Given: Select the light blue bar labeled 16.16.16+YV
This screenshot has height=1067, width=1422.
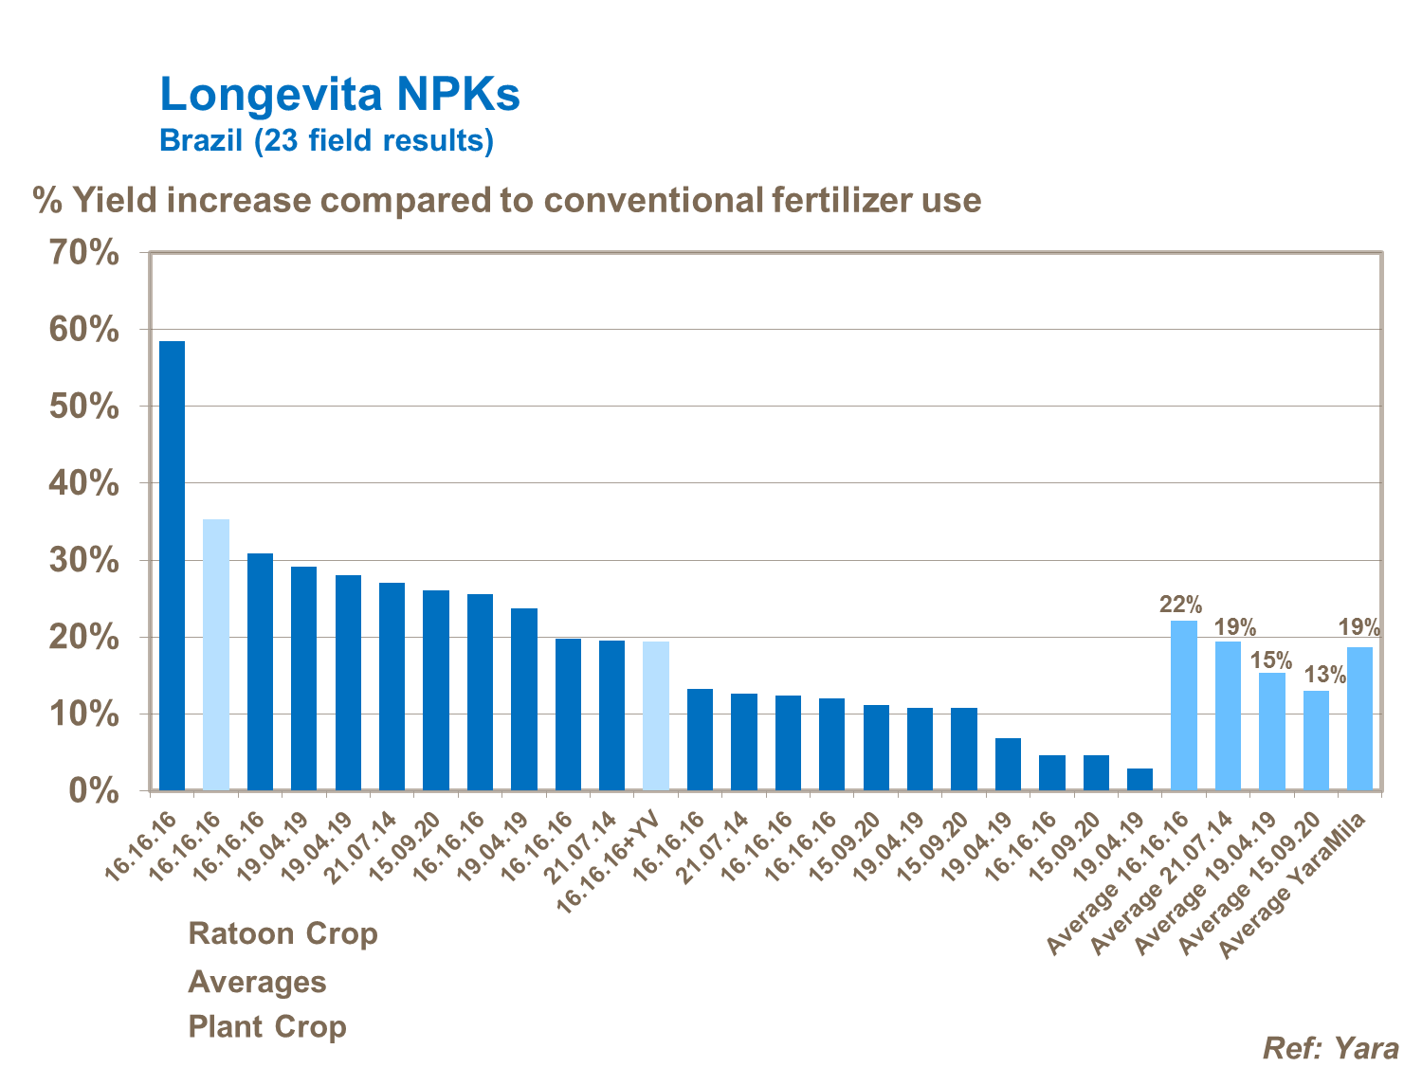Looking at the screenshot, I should coord(656,715).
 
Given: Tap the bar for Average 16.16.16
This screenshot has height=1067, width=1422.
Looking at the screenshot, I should coord(1184,705).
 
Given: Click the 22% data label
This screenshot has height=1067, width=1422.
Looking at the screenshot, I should coord(1180,605).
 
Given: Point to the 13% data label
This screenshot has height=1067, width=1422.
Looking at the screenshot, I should coord(1324,675).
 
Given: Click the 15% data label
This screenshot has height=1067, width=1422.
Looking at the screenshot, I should coord(1271,660).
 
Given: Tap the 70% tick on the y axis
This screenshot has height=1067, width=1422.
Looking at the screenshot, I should coord(84,253).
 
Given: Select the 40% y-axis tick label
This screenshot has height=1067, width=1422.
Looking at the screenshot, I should coord(84,483).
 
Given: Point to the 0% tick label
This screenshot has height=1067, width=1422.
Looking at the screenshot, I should coord(94,790).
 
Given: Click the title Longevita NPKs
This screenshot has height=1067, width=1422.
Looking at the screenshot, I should coord(339,94).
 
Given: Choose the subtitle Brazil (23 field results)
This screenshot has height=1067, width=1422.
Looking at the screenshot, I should coord(326,140).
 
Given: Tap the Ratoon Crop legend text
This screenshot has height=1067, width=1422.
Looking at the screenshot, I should coord(283,933).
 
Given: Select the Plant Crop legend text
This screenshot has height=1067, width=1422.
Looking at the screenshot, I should coord(267,1026).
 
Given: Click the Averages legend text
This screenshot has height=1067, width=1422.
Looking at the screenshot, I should coord(257,982).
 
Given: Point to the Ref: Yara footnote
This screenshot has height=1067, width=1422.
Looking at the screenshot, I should coord(1330,1047).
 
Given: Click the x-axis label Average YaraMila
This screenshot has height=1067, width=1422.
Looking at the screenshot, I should coord(1294,885).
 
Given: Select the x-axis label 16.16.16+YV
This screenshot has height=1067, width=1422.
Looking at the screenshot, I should coord(609,863).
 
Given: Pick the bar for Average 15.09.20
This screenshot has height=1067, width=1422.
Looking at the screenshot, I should coord(1316,740).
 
